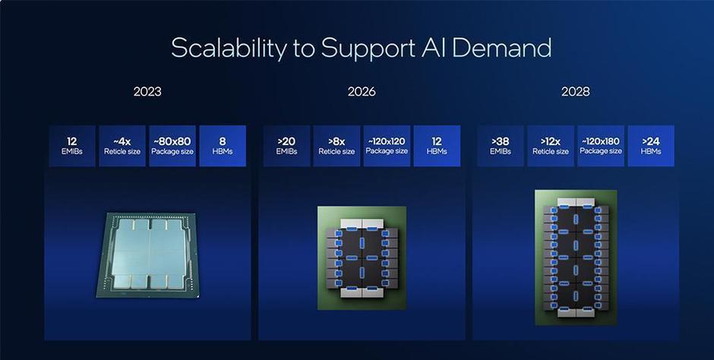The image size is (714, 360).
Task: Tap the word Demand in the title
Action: pos(502,47)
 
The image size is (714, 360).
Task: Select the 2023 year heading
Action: pos(147,91)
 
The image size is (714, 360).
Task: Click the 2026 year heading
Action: pos(362,91)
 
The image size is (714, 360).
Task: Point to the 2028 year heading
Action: pos(576,91)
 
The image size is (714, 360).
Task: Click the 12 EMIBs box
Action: pos(72,146)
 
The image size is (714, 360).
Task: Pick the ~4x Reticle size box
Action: pos(122,146)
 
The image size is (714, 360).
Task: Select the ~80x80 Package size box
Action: pos(172,146)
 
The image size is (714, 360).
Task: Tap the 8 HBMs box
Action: pos(223,146)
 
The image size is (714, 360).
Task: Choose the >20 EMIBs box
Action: pos(286,146)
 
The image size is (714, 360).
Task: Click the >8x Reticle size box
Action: pos(336,146)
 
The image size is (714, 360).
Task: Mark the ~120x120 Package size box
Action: pos(387,146)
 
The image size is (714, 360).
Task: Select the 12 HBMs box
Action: pos(437,146)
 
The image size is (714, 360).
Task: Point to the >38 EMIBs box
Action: pos(500,146)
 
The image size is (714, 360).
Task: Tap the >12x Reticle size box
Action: pos(551,146)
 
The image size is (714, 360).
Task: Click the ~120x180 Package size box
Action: pos(601,146)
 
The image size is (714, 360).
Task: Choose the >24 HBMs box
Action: pos(651,146)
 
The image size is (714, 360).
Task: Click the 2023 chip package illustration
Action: pos(147,255)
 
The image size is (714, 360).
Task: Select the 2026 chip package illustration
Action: pos(362,258)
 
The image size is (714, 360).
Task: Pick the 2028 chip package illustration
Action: pos(576,257)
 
